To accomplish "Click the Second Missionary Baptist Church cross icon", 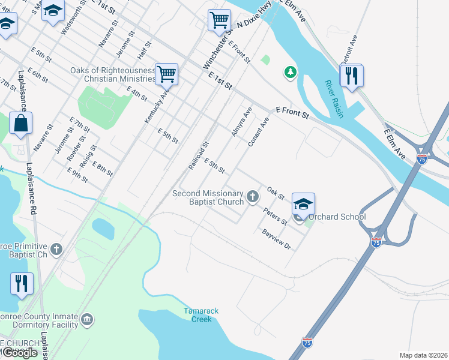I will click(253, 196).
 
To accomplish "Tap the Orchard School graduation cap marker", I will click(303, 204).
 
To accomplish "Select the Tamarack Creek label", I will click(197, 314).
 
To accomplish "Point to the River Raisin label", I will click(334, 99).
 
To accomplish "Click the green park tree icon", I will click(291, 73).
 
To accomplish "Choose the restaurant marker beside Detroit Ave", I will click(351, 76).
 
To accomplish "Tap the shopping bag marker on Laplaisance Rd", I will click(20, 124).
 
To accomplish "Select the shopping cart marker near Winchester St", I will click(219, 20).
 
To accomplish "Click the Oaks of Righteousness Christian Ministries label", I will click(113, 74).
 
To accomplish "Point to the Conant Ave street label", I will click(259, 132).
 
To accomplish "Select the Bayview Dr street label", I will click(276, 238).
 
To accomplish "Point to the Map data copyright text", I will click(423, 355).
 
